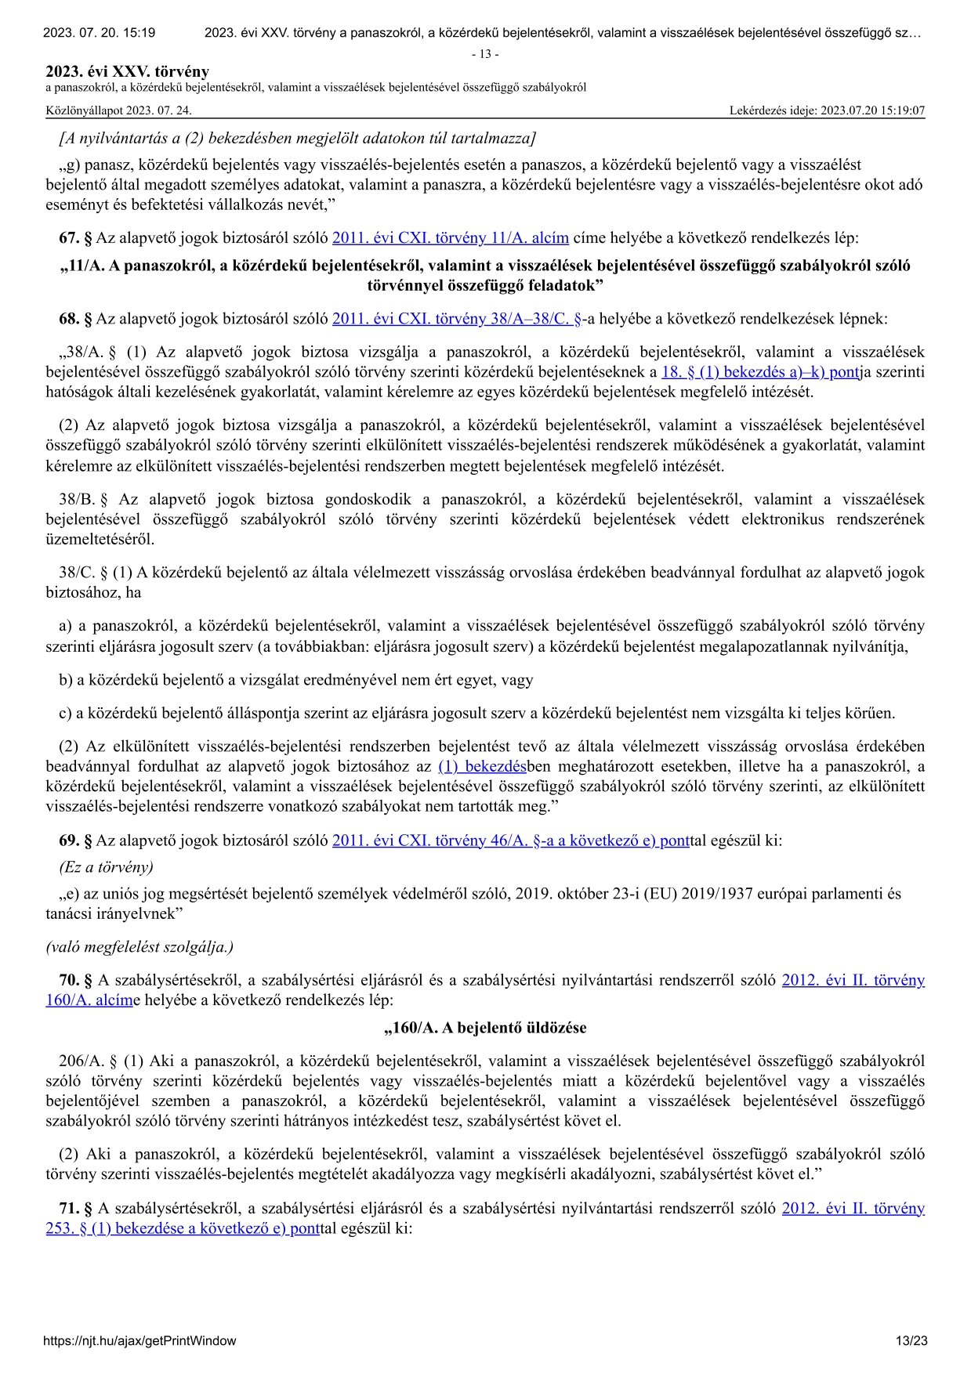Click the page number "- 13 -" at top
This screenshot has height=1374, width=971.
click(x=485, y=54)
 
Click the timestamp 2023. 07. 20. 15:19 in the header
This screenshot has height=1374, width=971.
click(x=99, y=33)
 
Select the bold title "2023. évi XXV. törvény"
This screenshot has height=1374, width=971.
click(x=127, y=72)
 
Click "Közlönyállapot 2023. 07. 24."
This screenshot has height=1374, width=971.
click(x=118, y=110)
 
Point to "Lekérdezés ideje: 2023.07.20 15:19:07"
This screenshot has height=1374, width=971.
click(x=827, y=110)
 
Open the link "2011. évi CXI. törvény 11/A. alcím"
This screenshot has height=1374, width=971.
click(x=451, y=237)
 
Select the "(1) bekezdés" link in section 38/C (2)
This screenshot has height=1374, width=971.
click(x=482, y=766)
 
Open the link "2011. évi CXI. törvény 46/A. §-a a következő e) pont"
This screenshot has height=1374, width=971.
click(x=511, y=841)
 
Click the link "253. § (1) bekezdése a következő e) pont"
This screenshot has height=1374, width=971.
click(x=183, y=1228)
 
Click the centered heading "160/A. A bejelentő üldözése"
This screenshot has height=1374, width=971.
click(x=485, y=1027)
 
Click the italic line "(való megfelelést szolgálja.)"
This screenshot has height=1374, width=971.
click(x=139, y=947)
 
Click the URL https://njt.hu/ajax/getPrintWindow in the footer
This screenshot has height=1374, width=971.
click(x=139, y=1340)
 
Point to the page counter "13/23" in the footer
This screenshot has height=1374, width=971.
click(x=911, y=1340)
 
